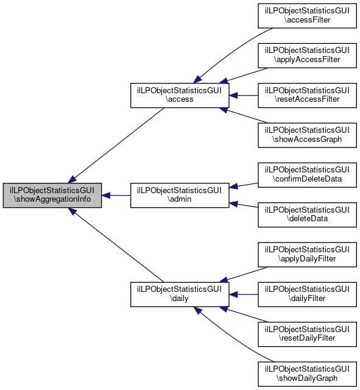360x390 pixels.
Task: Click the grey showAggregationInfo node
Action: pyautogui.click(x=52, y=195)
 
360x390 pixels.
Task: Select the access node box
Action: pyautogui.click(x=180, y=95)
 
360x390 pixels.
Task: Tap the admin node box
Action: pyautogui.click(x=180, y=195)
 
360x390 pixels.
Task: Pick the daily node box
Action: pyautogui.click(x=180, y=294)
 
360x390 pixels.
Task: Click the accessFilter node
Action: pyautogui.click(x=307, y=16)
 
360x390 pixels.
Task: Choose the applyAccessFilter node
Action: pyautogui.click(x=307, y=55)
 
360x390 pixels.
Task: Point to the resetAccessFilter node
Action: pyautogui.click(x=307, y=95)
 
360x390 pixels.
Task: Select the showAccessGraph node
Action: pyautogui.click(x=307, y=135)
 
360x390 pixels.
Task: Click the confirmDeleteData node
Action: pyautogui.click(x=307, y=175)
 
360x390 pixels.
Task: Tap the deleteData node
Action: pyautogui.click(x=307, y=214)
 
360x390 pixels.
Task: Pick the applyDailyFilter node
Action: pyautogui.click(x=307, y=255)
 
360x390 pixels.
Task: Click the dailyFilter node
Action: pyautogui.click(x=307, y=294)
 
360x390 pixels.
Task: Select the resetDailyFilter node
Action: pyautogui.click(x=307, y=334)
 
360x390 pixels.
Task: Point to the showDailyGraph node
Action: pyautogui.click(x=307, y=374)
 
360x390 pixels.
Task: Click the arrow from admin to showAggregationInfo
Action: pyautogui.click(x=116, y=195)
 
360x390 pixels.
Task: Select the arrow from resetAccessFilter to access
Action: pyautogui.click(x=244, y=95)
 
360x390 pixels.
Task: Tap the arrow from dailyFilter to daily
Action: pyautogui.click(x=244, y=294)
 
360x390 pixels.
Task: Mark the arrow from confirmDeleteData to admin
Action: pyautogui.click(x=244, y=185)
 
